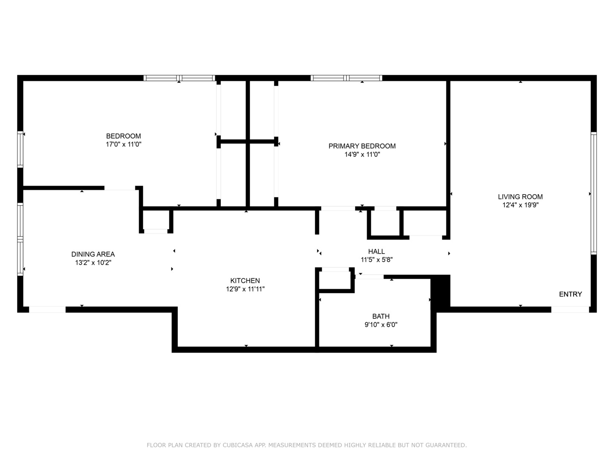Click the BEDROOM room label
[x=123, y=136]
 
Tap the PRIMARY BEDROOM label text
[x=362, y=146]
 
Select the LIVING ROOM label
[x=520, y=197]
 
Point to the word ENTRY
[x=571, y=294]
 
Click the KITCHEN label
[x=245, y=281]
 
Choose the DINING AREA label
[x=93, y=254]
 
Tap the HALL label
[x=377, y=251]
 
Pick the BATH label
[x=381, y=316]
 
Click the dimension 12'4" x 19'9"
[x=520, y=205]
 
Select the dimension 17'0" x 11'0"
[x=123, y=144]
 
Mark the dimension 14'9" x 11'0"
[x=362, y=154]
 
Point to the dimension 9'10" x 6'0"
[x=381, y=325]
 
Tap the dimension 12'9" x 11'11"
[x=245, y=289]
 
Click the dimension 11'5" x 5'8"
[x=377, y=260]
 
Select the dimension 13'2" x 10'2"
[x=93, y=263]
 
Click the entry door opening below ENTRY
[x=570, y=309]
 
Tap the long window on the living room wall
[x=594, y=193]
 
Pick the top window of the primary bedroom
[x=346, y=78]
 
